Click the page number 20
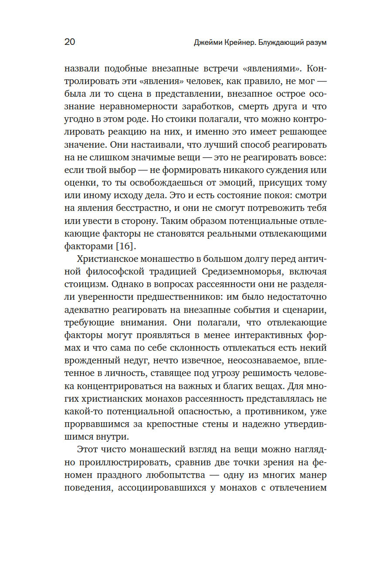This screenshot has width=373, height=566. click(x=70, y=42)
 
